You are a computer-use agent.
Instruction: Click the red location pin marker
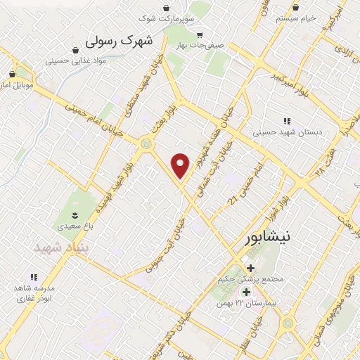point(181,165)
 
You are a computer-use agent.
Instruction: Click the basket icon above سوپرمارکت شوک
point(166,8)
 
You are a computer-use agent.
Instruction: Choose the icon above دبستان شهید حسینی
point(285,120)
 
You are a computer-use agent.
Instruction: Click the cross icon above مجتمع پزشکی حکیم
point(251,266)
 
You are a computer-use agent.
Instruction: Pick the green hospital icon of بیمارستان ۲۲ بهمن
point(246,291)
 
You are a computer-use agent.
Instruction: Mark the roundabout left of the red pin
point(146,143)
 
